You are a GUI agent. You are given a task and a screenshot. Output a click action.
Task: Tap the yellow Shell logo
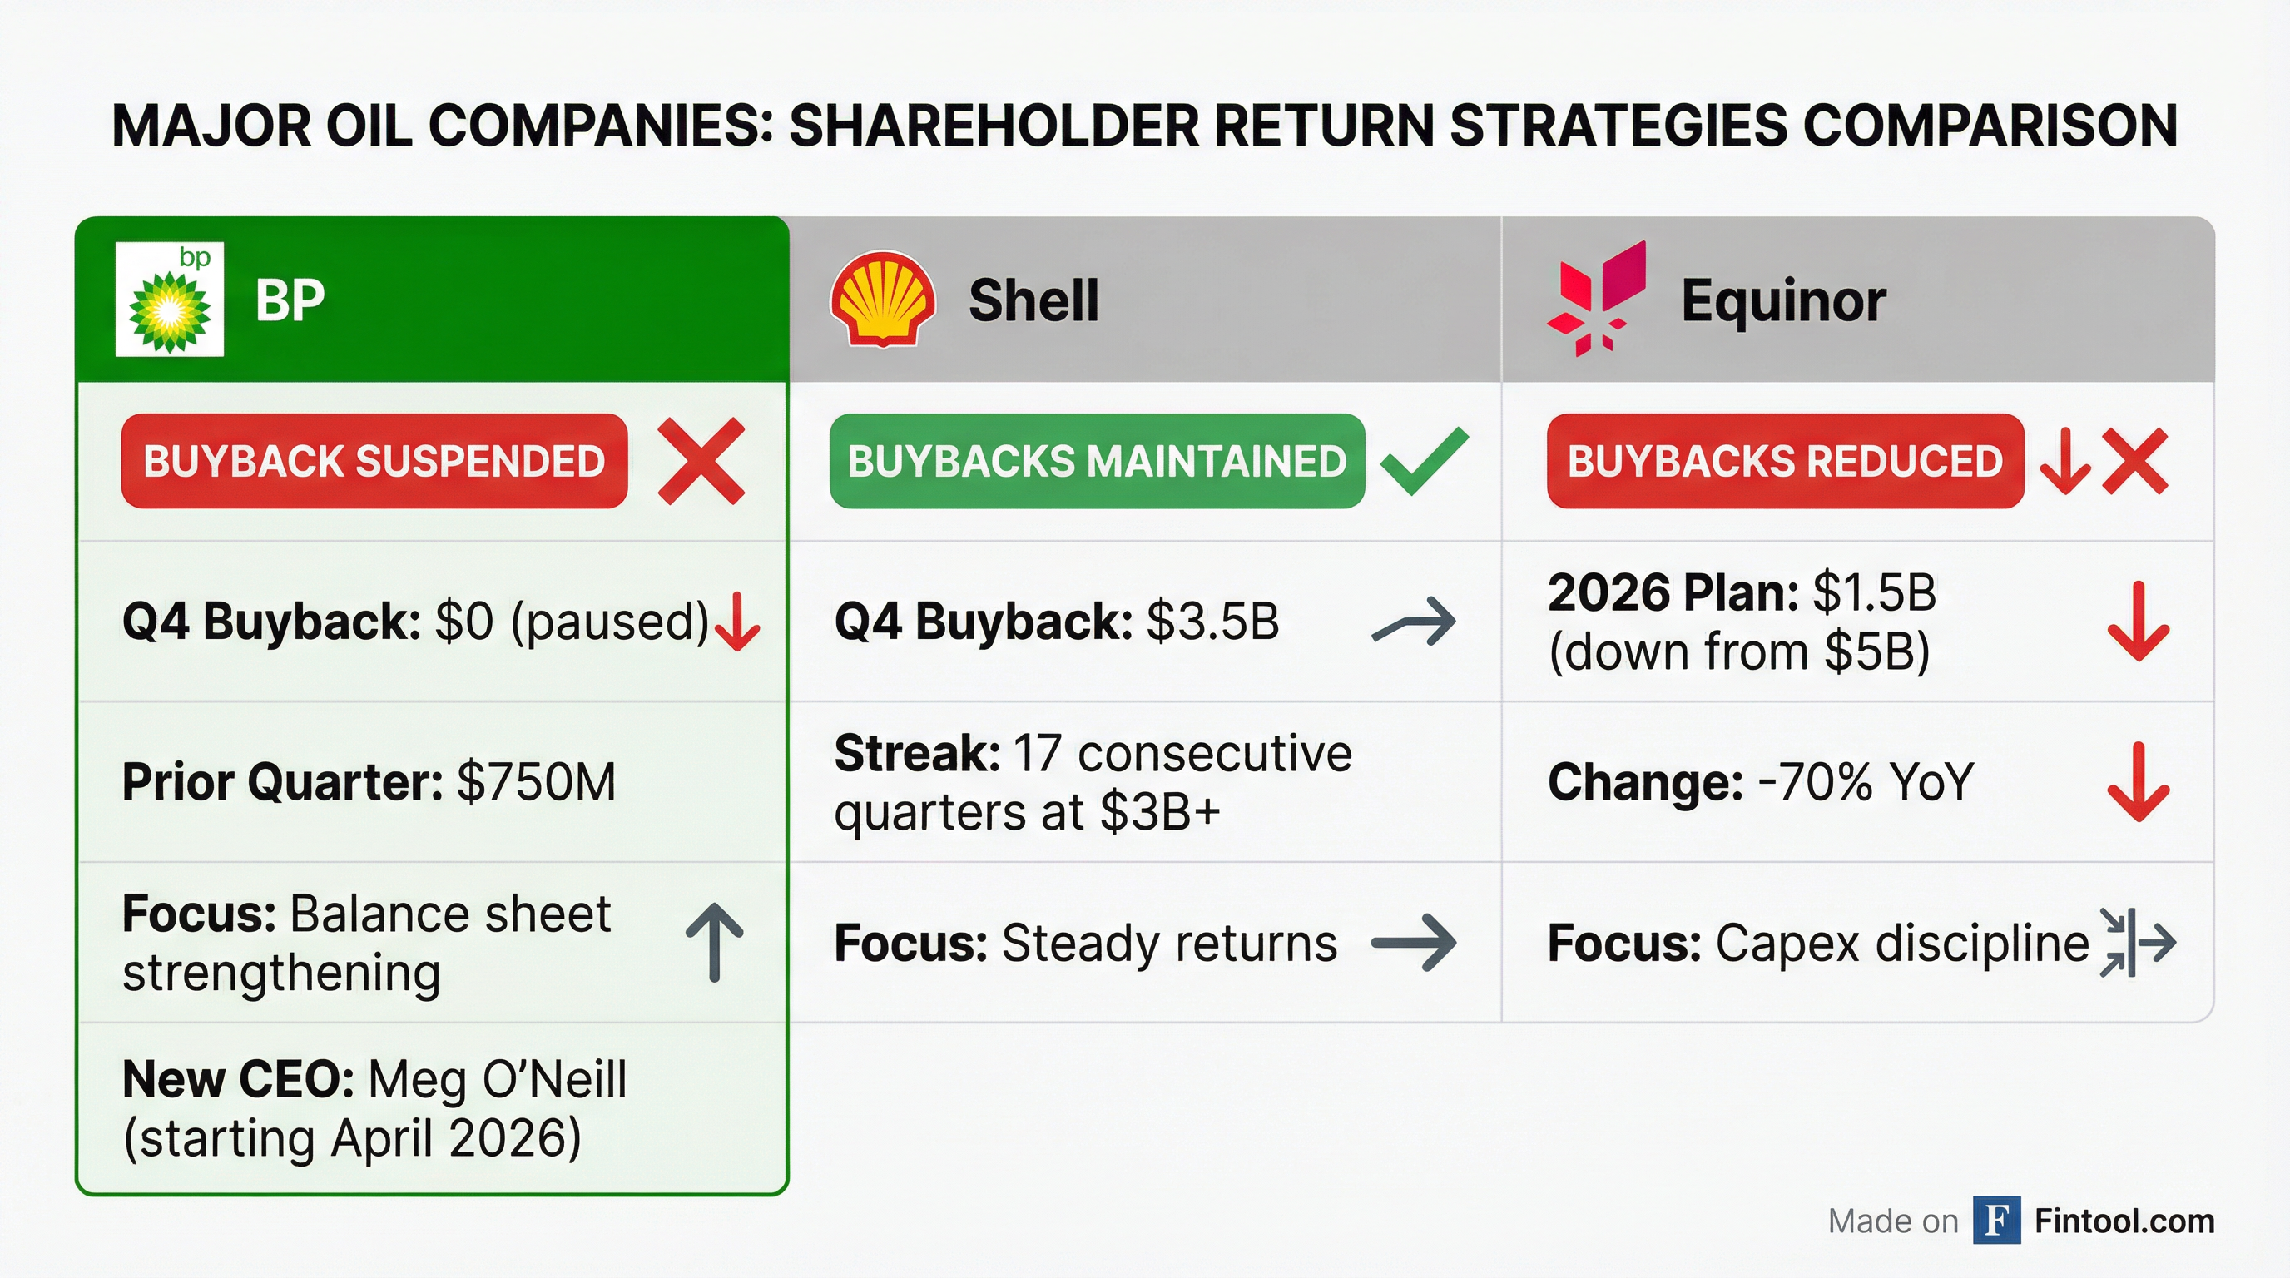click(x=882, y=300)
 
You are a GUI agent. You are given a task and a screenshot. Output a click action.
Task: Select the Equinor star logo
click(x=1597, y=300)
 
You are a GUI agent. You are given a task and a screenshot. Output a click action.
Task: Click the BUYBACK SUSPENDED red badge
click(x=374, y=461)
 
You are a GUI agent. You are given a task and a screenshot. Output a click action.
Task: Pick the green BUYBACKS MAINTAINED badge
click(x=1096, y=461)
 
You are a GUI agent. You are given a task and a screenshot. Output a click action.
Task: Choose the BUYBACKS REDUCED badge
click(x=1784, y=461)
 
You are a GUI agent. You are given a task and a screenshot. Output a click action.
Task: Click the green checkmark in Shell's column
click(x=1424, y=461)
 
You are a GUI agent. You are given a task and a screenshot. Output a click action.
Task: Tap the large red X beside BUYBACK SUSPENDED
click(x=701, y=461)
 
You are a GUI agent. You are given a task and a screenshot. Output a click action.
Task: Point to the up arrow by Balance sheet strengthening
click(x=715, y=942)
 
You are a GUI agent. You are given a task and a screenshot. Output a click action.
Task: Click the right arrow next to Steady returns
click(x=1414, y=942)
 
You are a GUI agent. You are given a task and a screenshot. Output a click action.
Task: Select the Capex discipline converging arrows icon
click(x=2137, y=942)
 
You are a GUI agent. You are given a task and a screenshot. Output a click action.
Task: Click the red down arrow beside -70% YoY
click(x=2138, y=782)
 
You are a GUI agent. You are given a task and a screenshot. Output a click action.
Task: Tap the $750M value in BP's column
click(x=535, y=782)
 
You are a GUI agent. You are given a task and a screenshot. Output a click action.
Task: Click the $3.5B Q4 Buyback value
click(x=1212, y=622)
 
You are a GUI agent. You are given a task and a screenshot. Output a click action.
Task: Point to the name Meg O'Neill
click(x=497, y=1080)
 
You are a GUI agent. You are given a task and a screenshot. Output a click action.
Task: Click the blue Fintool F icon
click(x=1996, y=1221)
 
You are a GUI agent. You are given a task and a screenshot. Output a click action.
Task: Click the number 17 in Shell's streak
click(x=1037, y=754)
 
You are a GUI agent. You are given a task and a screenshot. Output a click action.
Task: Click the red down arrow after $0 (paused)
click(x=737, y=622)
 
